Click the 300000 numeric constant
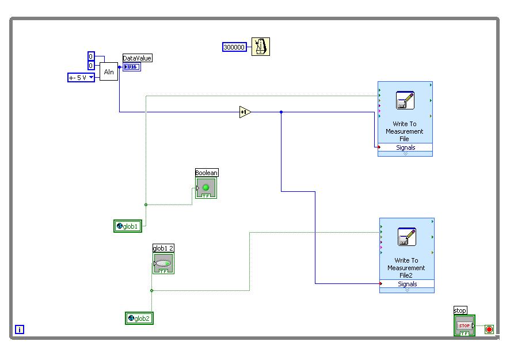(x=234, y=47)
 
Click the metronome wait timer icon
(x=261, y=47)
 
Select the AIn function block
(x=109, y=71)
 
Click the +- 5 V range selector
(x=81, y=77)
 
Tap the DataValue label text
(x=138, y=58)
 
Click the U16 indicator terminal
(x=131, y=67)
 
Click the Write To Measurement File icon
(x=405, y=100)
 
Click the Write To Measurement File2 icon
(x=407, y=237)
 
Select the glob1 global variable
(x=128, y=226)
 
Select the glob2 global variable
(x=139, y=318)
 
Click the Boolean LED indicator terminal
(x=205, y=188)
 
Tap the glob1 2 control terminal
(x=163, y=264)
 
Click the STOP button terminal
(x=464, y=326)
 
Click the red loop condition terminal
(x=489, y=329)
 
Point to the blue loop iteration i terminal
(x=20, y=329)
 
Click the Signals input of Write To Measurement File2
(x=407, y=284)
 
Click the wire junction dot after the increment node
(x=281, y=112)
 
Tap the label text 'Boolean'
(x=207, y=173)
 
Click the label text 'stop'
(x=460, y=311)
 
